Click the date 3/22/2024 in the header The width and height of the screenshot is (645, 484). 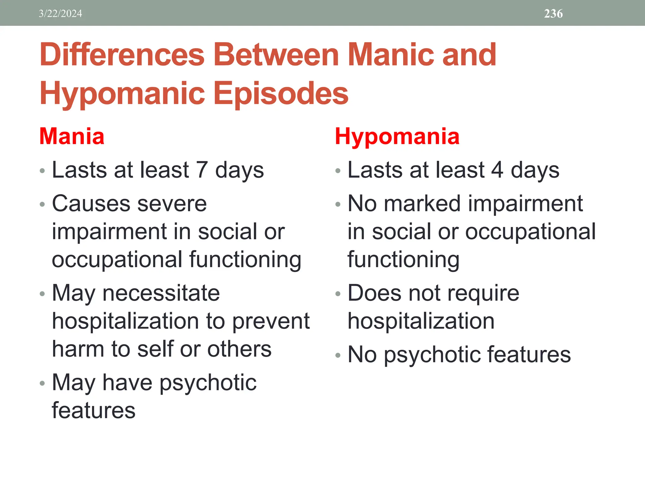point(60,14)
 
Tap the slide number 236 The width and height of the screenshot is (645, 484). point(553,14)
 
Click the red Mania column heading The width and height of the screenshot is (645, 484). point(72,136)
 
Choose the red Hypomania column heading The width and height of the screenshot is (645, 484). point(397,136)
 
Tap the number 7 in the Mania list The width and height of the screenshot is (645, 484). point(202,170)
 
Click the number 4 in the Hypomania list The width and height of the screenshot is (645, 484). point(497,170)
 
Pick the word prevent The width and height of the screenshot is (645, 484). point(271,321)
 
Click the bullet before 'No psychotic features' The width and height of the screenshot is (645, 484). point(338,356)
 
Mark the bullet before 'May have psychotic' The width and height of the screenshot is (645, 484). point(43,383)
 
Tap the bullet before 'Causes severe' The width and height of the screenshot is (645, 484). point(43,205)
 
